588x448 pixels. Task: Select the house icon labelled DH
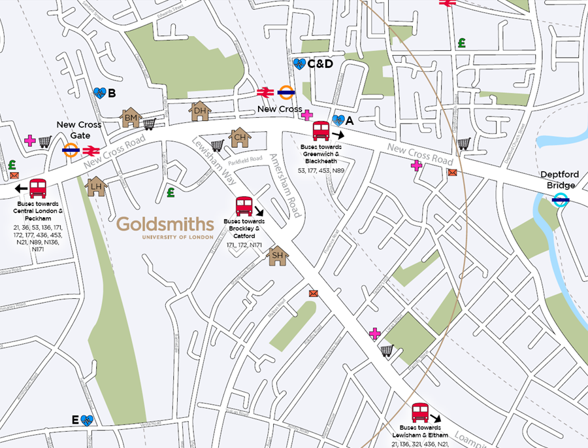(x=200, y=111)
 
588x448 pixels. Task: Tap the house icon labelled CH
(x=240, y=137)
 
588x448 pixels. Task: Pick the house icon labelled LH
(x=97, y=186)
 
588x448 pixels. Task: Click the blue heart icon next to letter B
(x=99, y=94)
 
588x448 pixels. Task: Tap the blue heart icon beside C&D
(x=299, y=63)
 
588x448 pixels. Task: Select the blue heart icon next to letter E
(x=88, y=420)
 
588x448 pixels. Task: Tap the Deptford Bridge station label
(x=559, y=180)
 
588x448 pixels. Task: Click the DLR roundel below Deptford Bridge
(x=560, y=201)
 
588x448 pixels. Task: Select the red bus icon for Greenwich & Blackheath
(x=321, y=131)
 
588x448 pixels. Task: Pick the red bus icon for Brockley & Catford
(x=244, y=206)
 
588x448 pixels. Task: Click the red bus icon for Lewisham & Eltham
(x=420, y=413)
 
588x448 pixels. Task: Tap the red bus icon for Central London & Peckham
(x=38, y=188)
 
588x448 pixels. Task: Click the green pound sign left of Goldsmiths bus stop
(x=171, y=192)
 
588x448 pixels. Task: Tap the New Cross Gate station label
(x=79, y=130)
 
